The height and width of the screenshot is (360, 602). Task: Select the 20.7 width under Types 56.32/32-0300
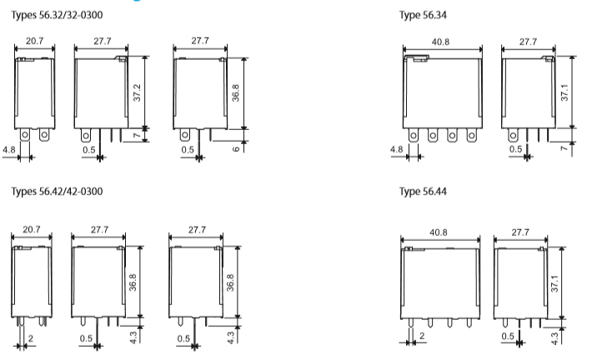pyautogui.click(x=35, y=40)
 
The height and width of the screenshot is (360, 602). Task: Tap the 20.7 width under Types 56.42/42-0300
pyautogui.click(x=32, y=228)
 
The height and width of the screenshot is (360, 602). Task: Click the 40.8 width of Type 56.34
pyautogui.click(x=441, y=40)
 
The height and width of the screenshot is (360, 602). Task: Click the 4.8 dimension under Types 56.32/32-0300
pyautogui.click(x=8, y=151)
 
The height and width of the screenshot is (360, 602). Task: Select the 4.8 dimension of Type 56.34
pyautogui.click(x=396, y=151)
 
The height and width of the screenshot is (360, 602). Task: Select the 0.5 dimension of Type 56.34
pyautogui.click(x=515, y=149)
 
